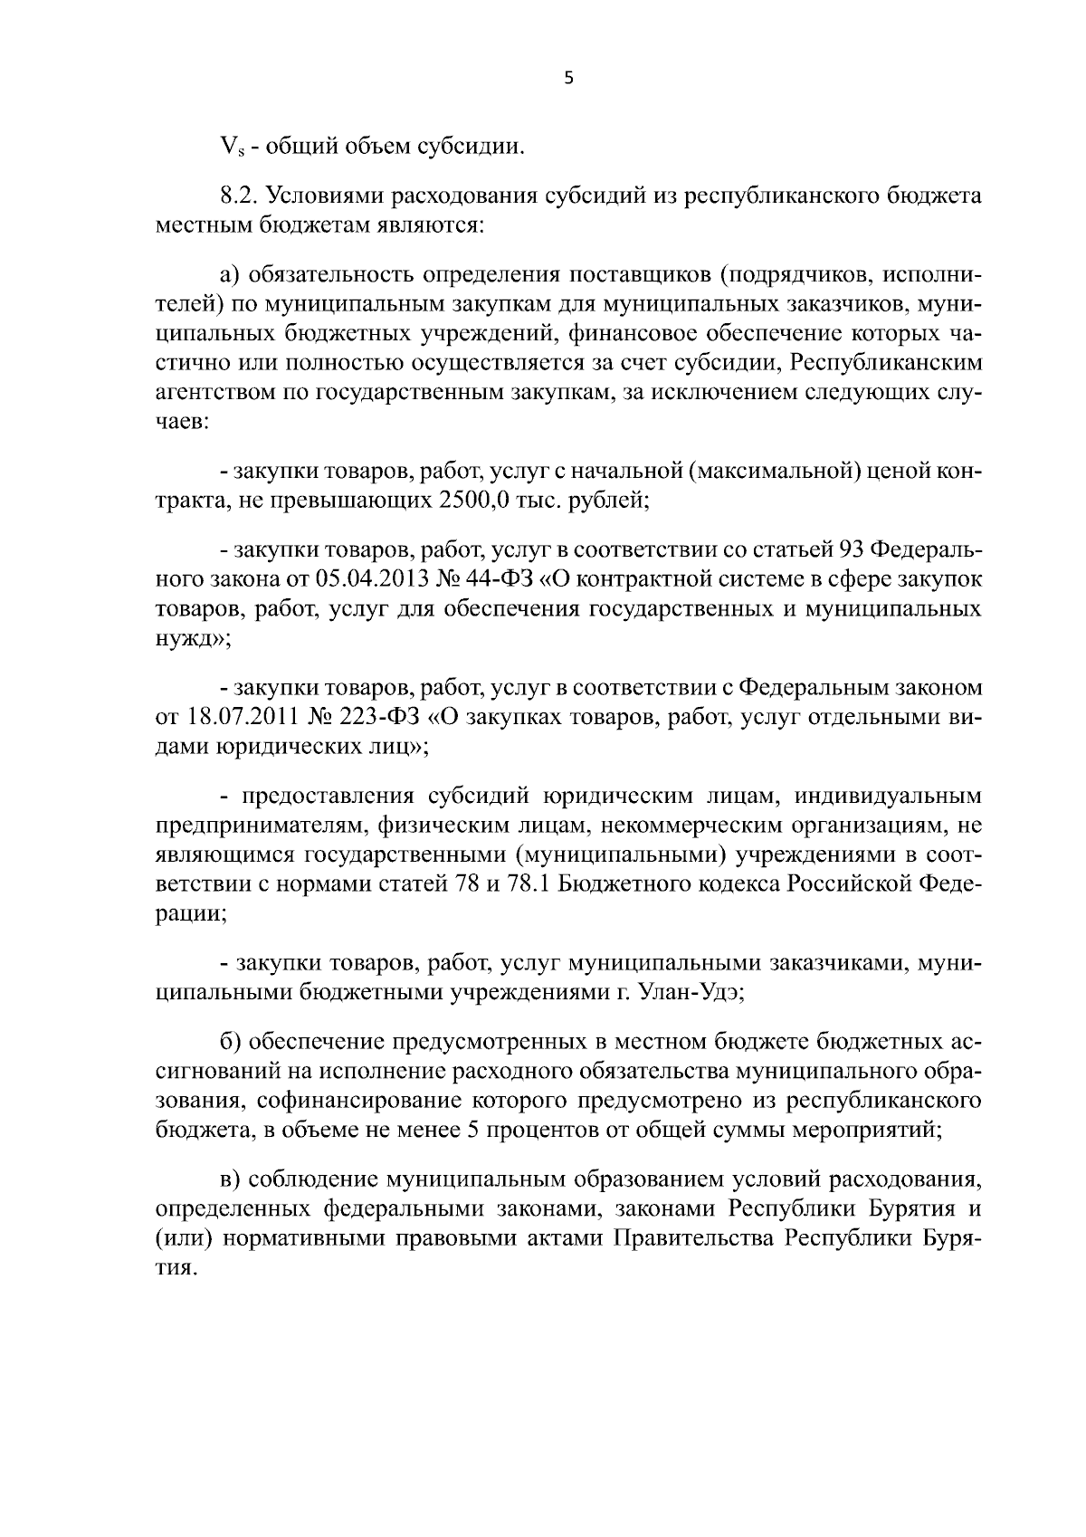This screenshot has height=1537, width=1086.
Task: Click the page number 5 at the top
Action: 567,79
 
